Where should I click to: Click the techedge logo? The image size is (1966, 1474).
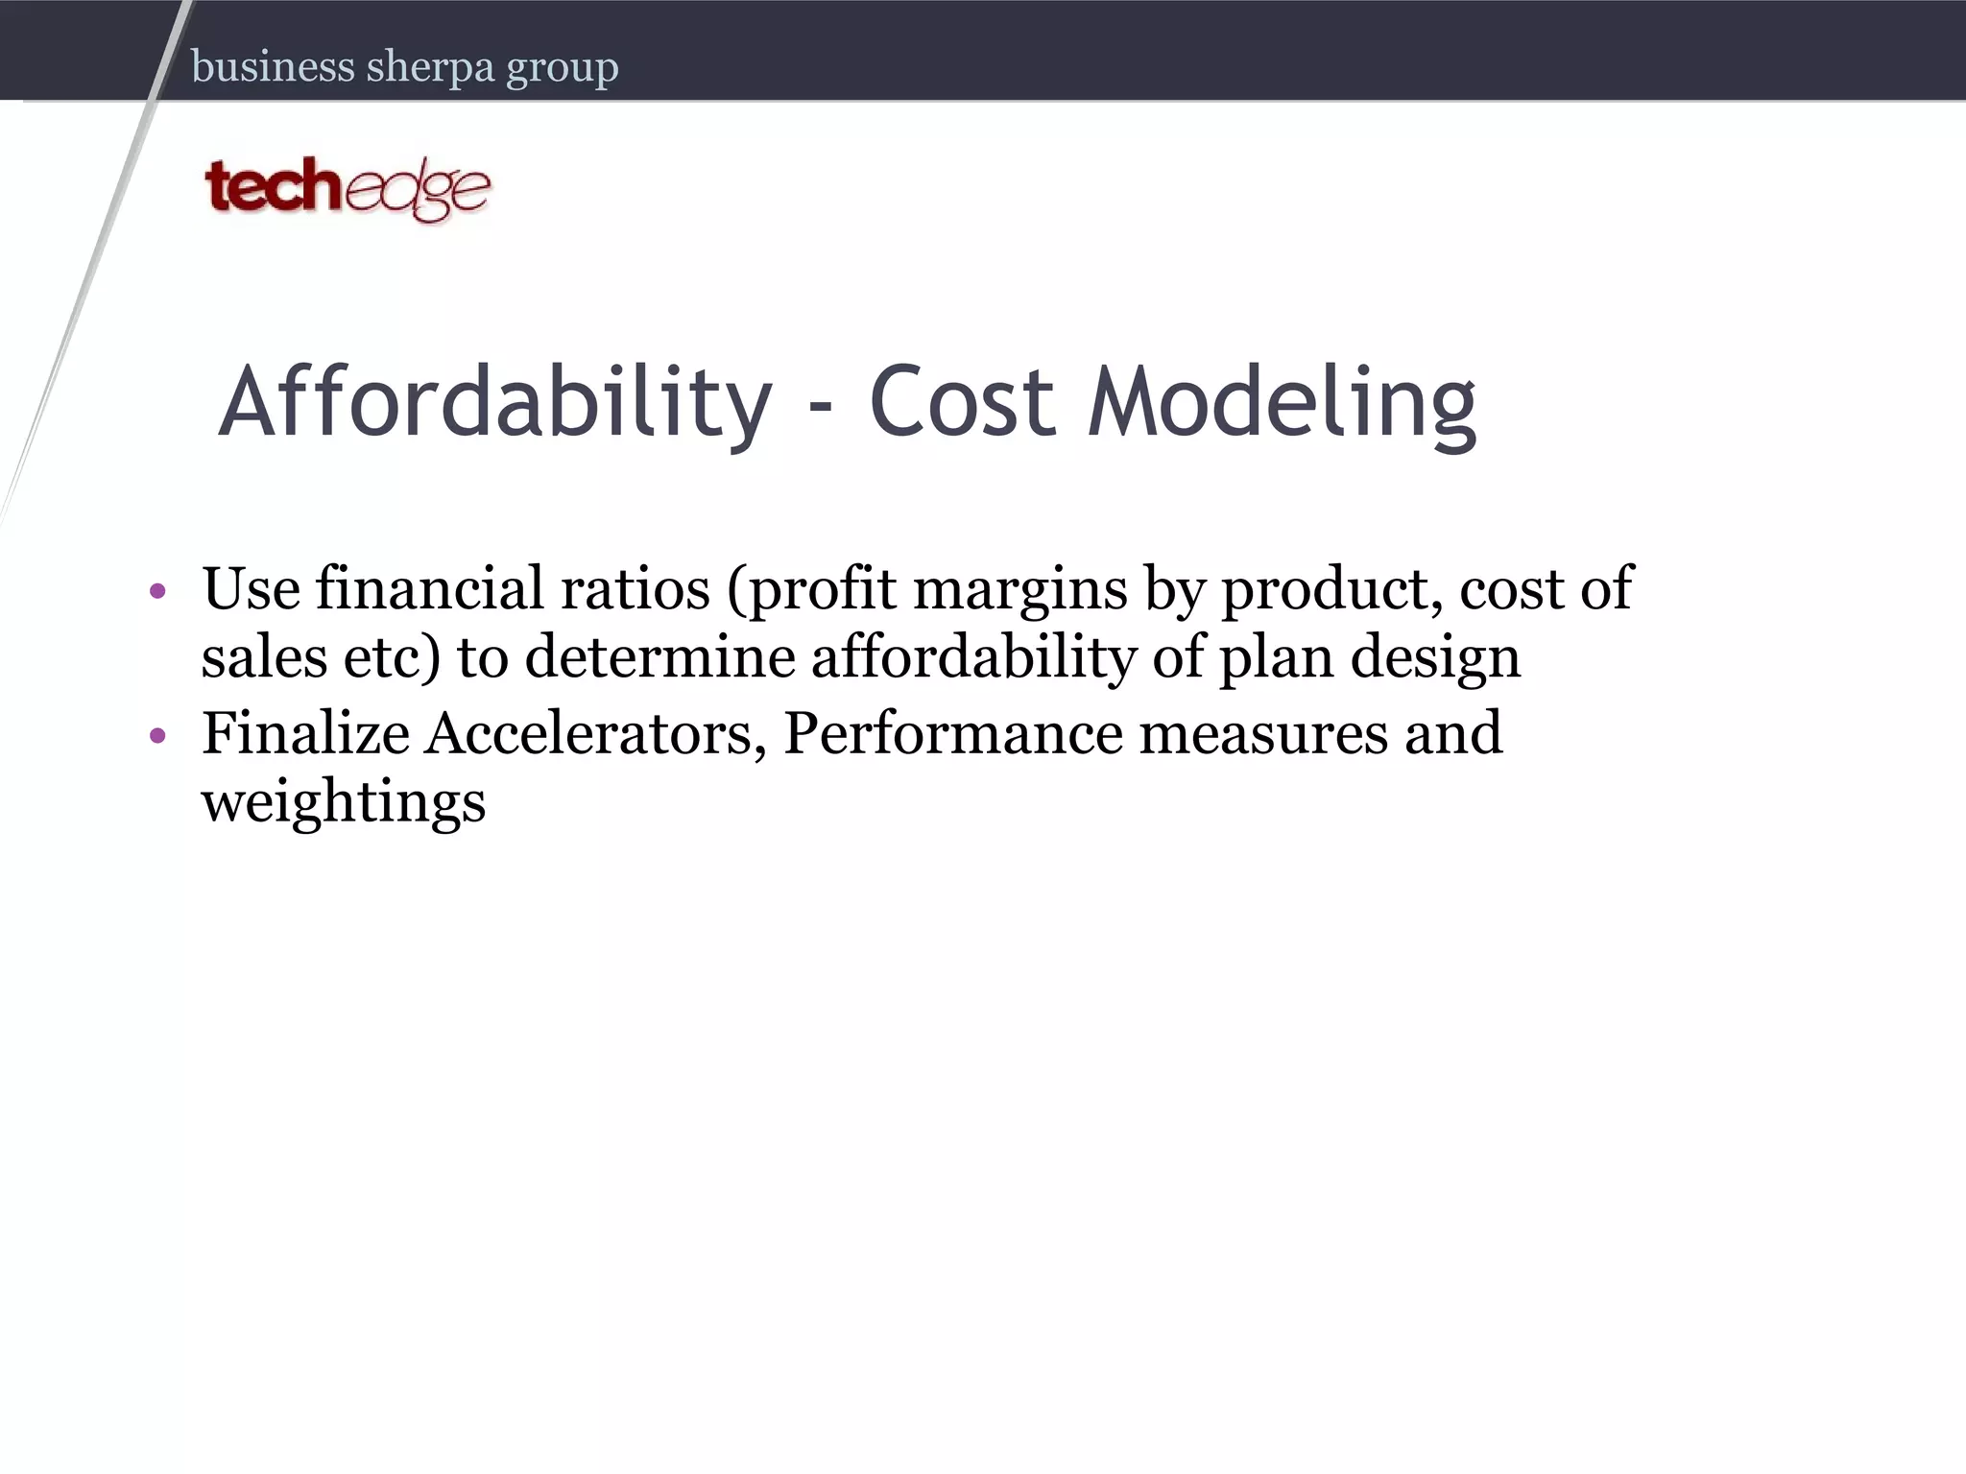pyautogui.click(x=348, y=189)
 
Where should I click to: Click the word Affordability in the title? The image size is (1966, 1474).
pyautogui.click(x=495, y=403)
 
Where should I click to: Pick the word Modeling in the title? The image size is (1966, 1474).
pyautogui.click(x=1282, y=403)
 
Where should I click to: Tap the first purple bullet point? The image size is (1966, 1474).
pyautogui.click(x=158, y=590)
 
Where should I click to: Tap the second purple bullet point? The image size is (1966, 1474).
pyautogui.click(x=158, y=736)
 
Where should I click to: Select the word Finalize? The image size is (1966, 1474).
pyautogui.click(x=305, y=734)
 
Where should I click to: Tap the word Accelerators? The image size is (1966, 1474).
pyautogui.click(x=595, y=735)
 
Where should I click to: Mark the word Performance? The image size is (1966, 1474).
pyautogui.click(x=953, y=734)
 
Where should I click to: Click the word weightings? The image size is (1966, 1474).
pyautogui.click(x=344, y=804)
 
